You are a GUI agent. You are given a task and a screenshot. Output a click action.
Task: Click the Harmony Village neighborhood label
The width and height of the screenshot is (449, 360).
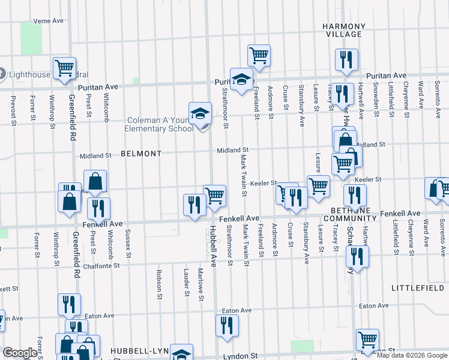tap(343, 31)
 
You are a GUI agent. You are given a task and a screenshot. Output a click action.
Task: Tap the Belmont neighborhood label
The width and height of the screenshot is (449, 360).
tap(141, 154)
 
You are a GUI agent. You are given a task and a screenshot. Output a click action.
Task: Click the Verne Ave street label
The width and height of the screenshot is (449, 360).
tap(49, 20)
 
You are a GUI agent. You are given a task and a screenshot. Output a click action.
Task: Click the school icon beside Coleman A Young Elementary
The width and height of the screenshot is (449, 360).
tap(200, 113)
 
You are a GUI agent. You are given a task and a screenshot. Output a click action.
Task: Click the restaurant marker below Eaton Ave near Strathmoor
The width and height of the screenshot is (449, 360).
tap(227, 325)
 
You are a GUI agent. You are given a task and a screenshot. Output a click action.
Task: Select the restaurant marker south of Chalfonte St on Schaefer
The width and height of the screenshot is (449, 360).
tap(357, 257)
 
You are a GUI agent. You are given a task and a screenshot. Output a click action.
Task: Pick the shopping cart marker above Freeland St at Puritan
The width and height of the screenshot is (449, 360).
tap(258, 55)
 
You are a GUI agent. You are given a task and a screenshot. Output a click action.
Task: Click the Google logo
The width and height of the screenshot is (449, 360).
tap(20, 353)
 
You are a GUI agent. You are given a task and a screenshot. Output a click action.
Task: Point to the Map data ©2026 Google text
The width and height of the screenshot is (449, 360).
tap(412, 355)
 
